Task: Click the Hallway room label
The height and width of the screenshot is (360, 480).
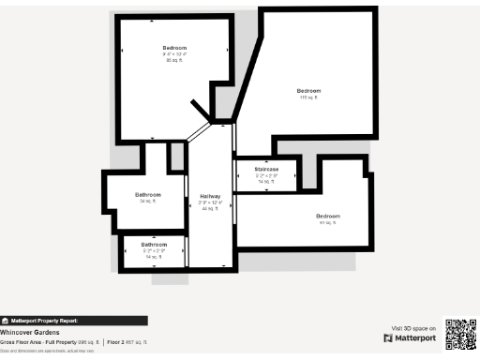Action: [210, 196]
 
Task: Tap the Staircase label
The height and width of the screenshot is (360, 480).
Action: [266, 169]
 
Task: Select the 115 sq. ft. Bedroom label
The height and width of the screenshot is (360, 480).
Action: [309, 91]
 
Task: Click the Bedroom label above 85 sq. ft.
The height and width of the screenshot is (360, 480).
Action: [174, 48]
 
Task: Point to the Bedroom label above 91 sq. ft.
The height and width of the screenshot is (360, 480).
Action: [328, 216]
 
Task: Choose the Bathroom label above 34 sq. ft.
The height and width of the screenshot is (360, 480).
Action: [148, 194]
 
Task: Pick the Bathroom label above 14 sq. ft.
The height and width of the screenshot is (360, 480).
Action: [154, 246]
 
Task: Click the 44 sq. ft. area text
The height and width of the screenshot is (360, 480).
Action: [210, 209]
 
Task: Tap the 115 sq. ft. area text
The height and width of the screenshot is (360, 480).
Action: [309, 97]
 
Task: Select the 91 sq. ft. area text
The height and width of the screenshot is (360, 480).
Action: [328, 223]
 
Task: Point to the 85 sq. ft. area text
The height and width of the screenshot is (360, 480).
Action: [174, 61]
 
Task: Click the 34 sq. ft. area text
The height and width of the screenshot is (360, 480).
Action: [148, 201]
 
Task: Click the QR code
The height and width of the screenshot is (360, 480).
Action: [460, 335]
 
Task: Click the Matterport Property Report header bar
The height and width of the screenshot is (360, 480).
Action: [73, 320]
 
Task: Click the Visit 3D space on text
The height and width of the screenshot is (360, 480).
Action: [412, 328]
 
